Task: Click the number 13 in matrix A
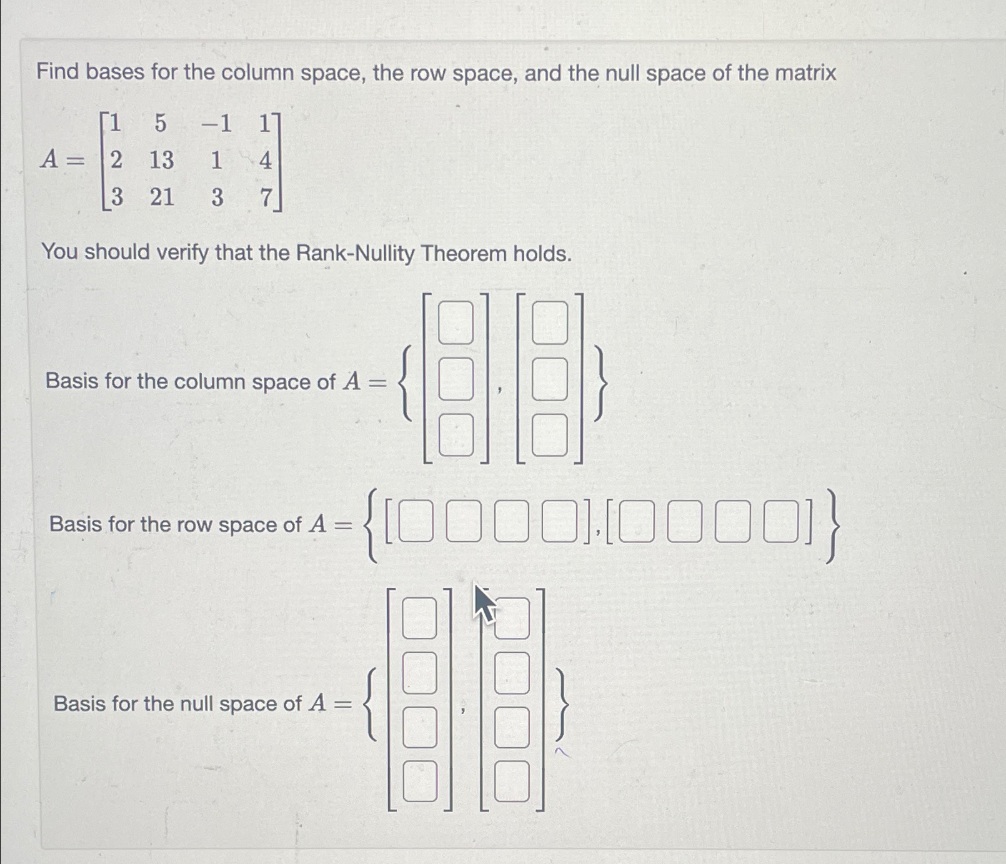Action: click(x=161, y=161)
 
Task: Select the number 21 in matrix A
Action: click(x=162, y=197)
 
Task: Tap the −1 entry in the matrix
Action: click(x=216, y=124)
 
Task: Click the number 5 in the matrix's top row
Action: click(x=161, y=124)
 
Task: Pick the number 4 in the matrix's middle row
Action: click(x=266, y=161)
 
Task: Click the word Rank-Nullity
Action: click(x=355, y=254)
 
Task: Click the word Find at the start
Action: click(x=57, y=72)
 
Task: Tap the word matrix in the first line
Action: click(x=805, y=73)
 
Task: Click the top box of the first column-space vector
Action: click(x=456, y=322)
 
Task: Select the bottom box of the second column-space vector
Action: click(x=550, y=435)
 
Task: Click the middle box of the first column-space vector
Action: click(x=456, y=379)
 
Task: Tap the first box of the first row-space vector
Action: click(x=416, y=520)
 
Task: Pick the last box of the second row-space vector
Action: click(x=781, y=520)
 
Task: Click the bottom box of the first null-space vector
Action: click(x=419, y=781)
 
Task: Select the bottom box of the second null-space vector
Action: click(x=512, y=781)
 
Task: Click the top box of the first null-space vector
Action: click(x=419, y=618)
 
